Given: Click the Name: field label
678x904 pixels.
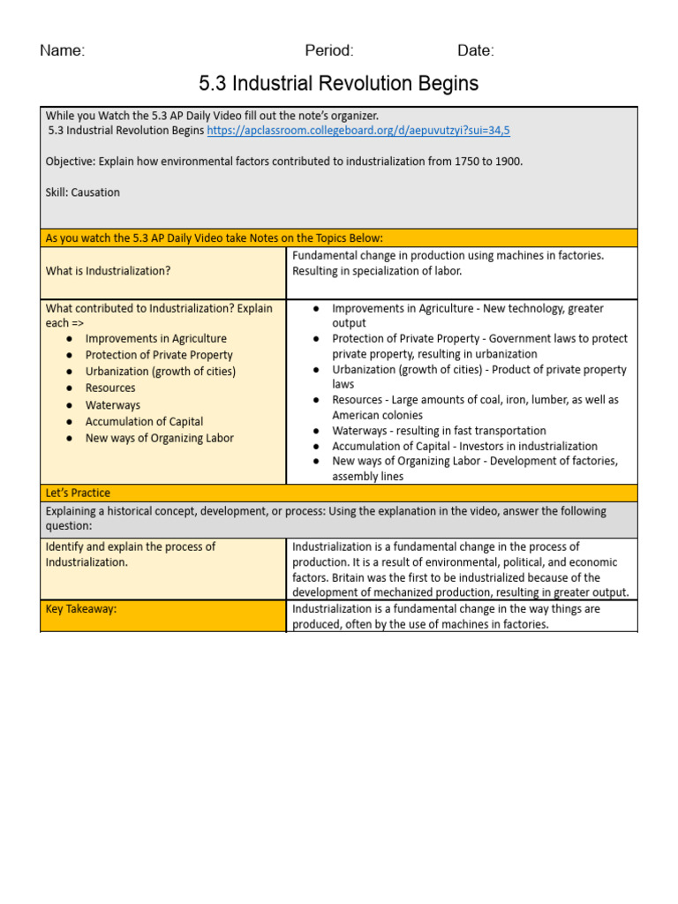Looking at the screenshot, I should [x=62, y=50].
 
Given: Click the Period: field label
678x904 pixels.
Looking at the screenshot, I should [x=329, y=50].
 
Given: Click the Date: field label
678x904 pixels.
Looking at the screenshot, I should [x=476, y=50].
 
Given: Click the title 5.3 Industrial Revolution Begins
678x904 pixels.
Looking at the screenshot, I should [x=339, y=84].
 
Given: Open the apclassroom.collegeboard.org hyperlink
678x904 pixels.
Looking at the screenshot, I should [x=358, y=131].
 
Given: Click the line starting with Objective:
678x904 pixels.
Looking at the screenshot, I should [x=282, y=162].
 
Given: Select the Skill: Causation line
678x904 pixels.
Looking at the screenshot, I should [x=83, y=192].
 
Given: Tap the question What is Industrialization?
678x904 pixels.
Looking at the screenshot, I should [x=108, y=271].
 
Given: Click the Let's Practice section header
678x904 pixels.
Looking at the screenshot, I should [x=78, y=493].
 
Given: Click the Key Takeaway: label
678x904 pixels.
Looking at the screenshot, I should [x=81, y=609].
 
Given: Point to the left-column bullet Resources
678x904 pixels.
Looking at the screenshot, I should [x=110, y=388].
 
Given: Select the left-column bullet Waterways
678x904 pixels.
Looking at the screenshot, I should [x=113, y=405].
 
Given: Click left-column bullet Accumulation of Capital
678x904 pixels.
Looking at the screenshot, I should [x=144, y=422].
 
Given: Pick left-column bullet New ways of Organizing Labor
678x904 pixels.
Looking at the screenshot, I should [x=160, y=439].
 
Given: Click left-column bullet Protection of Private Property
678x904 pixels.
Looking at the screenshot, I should [x=159, y=355].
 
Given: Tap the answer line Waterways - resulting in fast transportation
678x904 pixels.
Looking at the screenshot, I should [x=439, y=431].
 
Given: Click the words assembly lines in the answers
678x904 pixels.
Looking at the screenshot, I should [x=367, y=477].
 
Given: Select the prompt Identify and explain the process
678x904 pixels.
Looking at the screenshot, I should [x=130, y=546].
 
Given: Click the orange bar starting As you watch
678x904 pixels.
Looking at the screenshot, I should [x=214, y=238].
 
